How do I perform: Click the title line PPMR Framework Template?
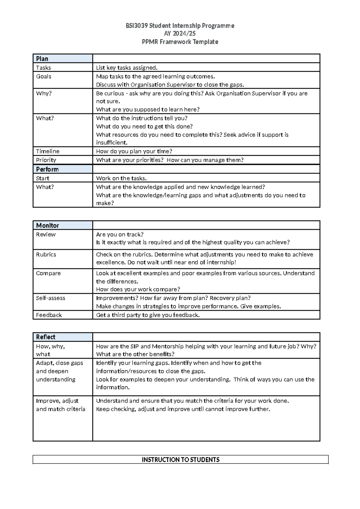coord(180,42)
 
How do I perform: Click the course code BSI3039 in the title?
coord(136,26)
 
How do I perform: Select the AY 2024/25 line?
coord(180,34)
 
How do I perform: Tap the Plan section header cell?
coord(42,59)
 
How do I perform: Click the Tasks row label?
coord(43,68)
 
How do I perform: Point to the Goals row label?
coord(44,77)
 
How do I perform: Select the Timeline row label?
coord(48,151)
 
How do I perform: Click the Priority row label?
coord(46,160)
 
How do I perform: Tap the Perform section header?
coord(47,169)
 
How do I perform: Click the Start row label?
coord(43,178)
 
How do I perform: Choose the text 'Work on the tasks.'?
coord(121,178)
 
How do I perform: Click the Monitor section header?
coord(47,225)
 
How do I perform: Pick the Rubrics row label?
coord(46,254)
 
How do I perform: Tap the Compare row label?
coord(48,273)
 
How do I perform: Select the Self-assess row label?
coord(50,298)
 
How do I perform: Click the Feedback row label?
coord(49,315)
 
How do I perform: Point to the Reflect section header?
coord(46,337)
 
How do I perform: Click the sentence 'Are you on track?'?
coord(120,234)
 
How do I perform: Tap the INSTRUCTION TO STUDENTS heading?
coord(181,460)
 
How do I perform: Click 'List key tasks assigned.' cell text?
coord(127,68)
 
